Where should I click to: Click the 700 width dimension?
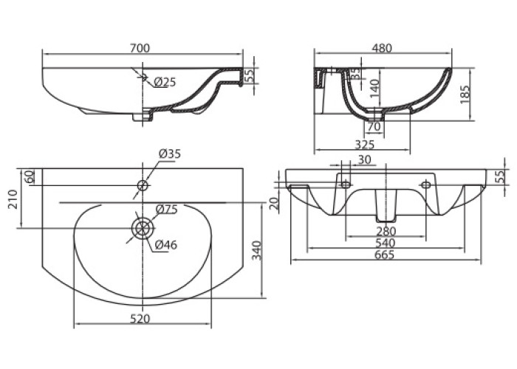[x=140, y=48]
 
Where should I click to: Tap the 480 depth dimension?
[x=381, y=48]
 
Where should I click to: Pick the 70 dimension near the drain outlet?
[x=374, y=128]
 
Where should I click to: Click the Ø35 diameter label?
[x=170, y=154]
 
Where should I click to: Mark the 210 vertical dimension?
[x=13, y=199]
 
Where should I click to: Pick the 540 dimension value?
[x=383, y=243]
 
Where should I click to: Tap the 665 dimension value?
[x=383, y=255]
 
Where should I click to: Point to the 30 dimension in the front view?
[x=363, y=159]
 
